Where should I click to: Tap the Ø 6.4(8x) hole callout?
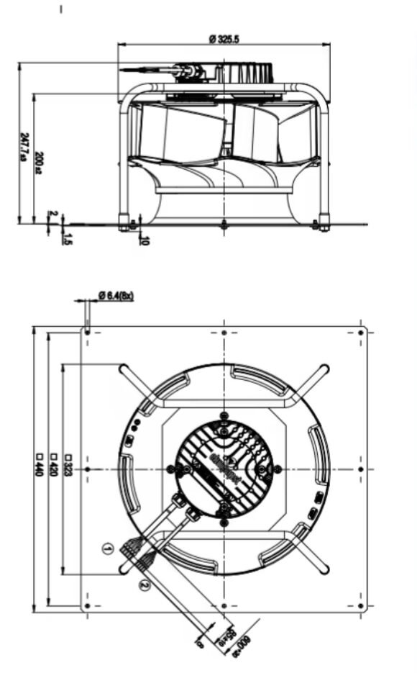click(116, 296)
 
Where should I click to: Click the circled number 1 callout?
click(108, 549)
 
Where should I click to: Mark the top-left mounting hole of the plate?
click(87, 333)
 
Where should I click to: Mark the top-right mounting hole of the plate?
click(361, 333)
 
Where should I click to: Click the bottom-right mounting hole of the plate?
click(361, 606)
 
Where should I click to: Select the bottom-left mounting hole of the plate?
click(87, 606)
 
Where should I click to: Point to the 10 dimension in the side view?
click(145, 240)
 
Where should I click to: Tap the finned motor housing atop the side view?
click(244, 72)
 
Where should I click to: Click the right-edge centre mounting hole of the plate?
click(361, 469)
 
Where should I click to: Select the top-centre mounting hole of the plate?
click(224, 333)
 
